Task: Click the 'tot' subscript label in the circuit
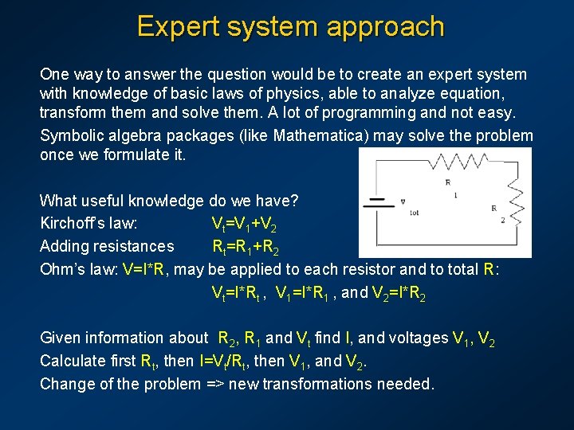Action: coord(413,212)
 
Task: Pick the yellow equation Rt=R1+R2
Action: coord(245,247)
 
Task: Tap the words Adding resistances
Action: coord(106,246)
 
